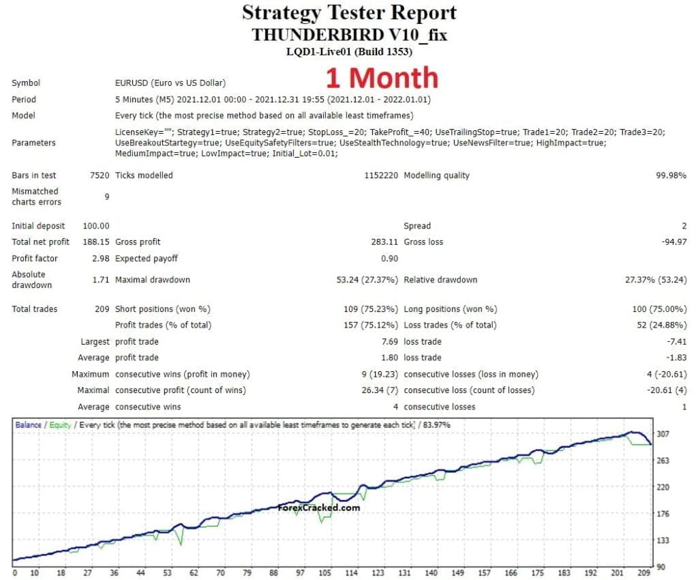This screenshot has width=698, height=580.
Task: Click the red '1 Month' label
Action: pyautogui.click(x=382, y=78)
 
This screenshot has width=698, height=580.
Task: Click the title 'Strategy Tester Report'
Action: pyautogui.click(x=349, y=13)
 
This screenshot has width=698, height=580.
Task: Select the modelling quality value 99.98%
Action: pyautogui.click(x=671, y=175)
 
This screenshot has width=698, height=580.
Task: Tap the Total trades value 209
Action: pyautogui.click(x=102, y=309)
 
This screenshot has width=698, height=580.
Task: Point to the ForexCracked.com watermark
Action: pyautogui.click(x=319, y=508)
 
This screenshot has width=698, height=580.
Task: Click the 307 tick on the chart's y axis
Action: pyautogui.click(x=662, y=434)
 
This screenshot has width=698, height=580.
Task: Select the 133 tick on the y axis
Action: pyautogui.click(x=662, y=540)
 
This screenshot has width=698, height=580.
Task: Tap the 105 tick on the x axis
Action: pyautogui.click(x=324, y=573)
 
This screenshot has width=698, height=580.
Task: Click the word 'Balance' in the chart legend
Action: pyautogui.click(x=28, y=425)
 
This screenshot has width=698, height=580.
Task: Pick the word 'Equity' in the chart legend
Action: pyautogui.click(x=60, y=425)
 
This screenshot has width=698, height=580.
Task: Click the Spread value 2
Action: pyautogui.click(x=684, y=226)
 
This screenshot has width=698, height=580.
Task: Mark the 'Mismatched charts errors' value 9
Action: pyautogui.click(x=107, y=197)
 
